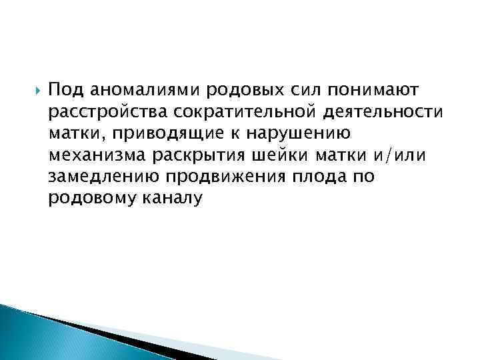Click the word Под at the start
(64, 89)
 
